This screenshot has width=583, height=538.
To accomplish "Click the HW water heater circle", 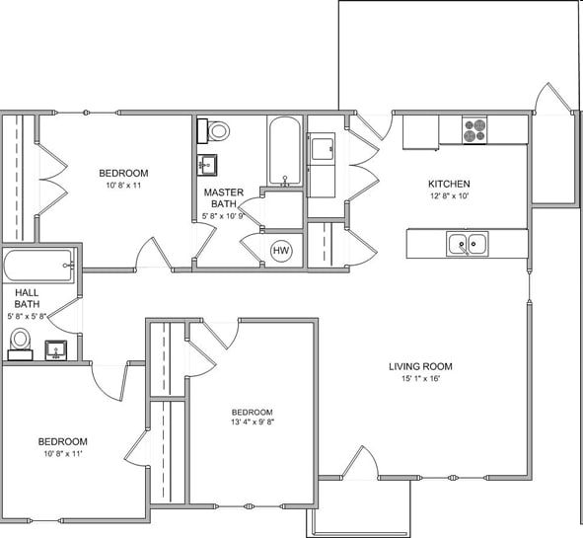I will tap(281, 251).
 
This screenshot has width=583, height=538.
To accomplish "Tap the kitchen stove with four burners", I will tap(475, 128).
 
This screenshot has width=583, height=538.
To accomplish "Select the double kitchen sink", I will tap(467, 243).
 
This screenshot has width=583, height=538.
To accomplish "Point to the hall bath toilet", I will tap(20, 342).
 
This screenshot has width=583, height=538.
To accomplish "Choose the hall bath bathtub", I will tap(38, 266).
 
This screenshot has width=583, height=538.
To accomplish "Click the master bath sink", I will tap(210, 163).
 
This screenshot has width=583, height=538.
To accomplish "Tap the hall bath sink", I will tap(56, 348).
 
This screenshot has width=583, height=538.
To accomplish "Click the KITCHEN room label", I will tap(448, 185).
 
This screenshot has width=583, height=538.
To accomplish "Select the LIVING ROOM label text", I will tap(420, 366).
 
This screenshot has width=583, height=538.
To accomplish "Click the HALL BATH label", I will tap(26, 298).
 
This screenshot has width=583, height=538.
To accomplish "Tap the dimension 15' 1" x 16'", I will tap(420, 380).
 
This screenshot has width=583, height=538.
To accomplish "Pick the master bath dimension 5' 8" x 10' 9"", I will tap(226, 215).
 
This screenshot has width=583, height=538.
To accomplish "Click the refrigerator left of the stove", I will tap(420, 132).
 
